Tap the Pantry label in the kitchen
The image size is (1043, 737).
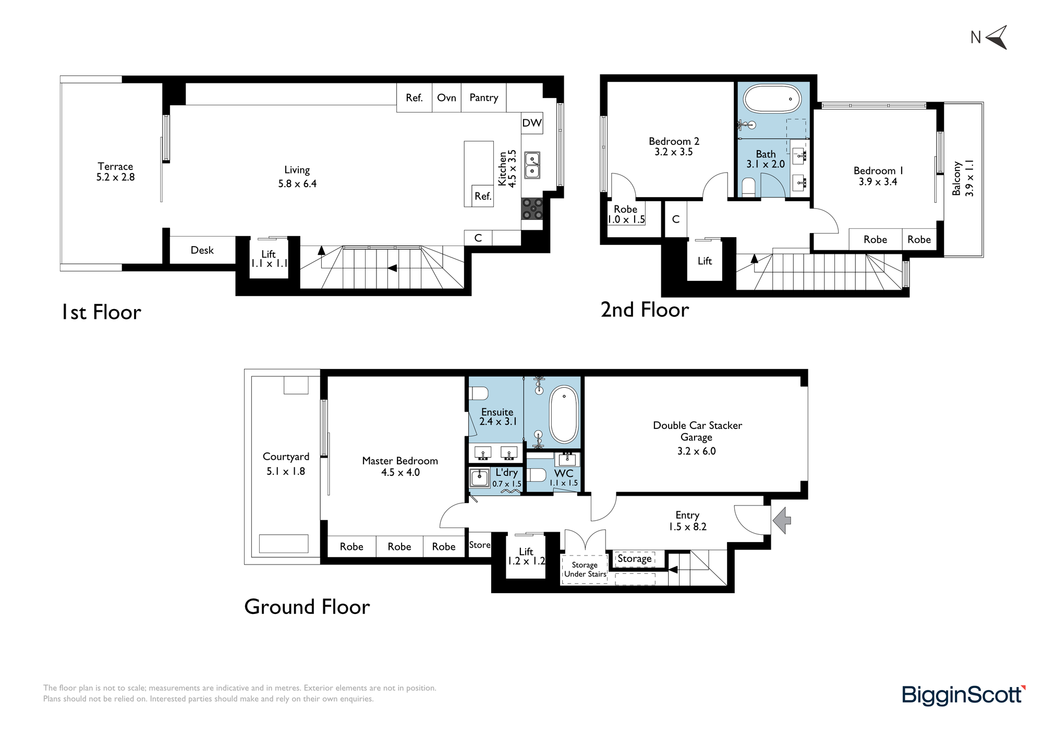(x=483, y=97)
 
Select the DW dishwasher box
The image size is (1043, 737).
(x=532, y=123)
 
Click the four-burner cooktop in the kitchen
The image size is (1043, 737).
(x=532, y=208)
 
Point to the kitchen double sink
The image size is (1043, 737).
(x=532, y=165)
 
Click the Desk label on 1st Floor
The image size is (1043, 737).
(x=202, y=250)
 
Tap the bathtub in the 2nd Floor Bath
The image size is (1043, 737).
(x=772, y=99)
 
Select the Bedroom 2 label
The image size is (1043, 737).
(x=674, y=141)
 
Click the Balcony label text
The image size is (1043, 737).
(x=956, y=178)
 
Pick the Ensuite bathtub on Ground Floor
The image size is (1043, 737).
(x=564, y=414)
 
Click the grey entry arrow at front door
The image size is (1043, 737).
(x=782, y=520)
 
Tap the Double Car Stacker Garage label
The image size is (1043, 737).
(x=697, y=431)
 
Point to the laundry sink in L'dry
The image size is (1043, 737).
(x=479, y=477)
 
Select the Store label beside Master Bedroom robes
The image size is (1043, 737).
(x=480, y=545)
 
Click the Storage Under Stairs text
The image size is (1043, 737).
(x=585, y=569)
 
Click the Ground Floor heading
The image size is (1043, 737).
(x=307, y=607)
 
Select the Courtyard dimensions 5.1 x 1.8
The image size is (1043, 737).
(x=286, y=471)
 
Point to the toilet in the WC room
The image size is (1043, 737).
(x=536, y=475)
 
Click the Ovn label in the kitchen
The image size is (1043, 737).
(x=446, y=97)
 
